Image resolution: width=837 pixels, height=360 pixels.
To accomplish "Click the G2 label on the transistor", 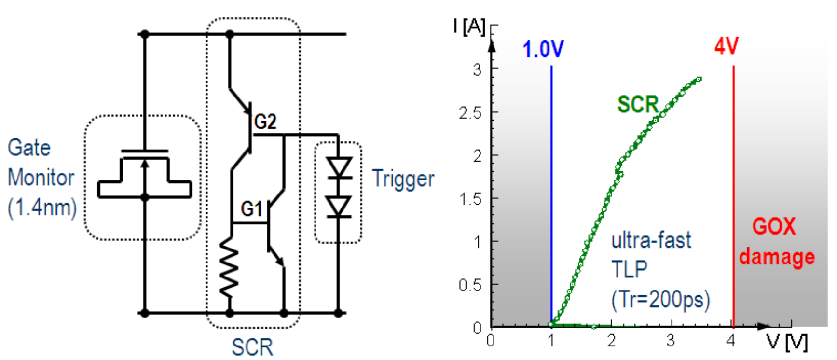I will point(265,122).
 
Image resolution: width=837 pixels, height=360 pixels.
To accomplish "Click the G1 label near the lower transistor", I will point(251,209).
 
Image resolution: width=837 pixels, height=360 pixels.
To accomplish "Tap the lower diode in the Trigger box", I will point(338,207).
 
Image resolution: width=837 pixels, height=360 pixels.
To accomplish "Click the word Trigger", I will point(403,179).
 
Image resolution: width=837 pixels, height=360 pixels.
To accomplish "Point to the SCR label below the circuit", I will point(252,347).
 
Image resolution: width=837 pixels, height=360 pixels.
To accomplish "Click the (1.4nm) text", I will point(42,208).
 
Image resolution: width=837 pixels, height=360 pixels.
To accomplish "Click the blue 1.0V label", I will point(543,49).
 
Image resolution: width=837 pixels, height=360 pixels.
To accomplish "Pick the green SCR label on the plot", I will point(638,104).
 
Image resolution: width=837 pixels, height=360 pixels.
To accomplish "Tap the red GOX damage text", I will point(776,241).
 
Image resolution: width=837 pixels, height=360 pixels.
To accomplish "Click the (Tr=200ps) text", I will point(660,300).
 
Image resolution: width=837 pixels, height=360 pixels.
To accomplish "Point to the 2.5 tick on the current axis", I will point(470,113).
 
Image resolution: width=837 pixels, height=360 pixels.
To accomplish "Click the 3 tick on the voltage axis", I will point(671,341).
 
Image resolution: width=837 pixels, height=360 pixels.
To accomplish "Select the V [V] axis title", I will point(787,343).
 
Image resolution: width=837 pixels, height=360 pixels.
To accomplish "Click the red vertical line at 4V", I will point(733,193).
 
